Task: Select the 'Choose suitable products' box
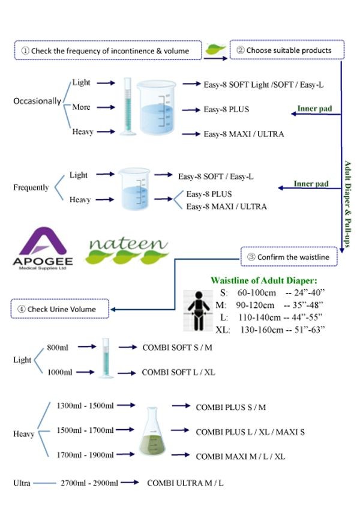click(x=287, y=50)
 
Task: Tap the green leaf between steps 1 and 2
click(x=214, y=50)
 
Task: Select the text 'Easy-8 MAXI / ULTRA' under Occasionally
click(x=244, y=133)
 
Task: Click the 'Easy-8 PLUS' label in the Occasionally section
click(x=226, y=110)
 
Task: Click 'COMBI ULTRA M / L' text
click(x=187, y=483)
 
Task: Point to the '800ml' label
click(x=59, y=347)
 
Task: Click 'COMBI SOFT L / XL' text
click(x=178, y=372)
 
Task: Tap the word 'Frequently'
click(x=31, y=188)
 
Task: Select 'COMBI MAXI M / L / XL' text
click(x=240, y=457)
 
